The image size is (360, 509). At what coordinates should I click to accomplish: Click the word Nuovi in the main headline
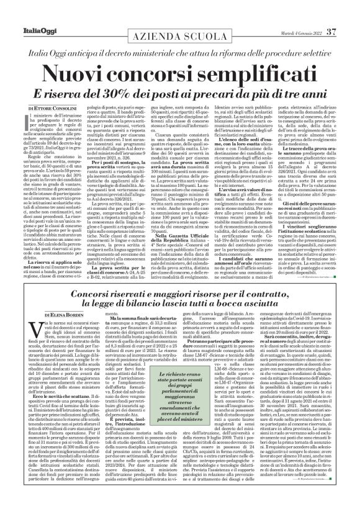90,56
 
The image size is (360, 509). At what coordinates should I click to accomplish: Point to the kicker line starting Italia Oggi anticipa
180,37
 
